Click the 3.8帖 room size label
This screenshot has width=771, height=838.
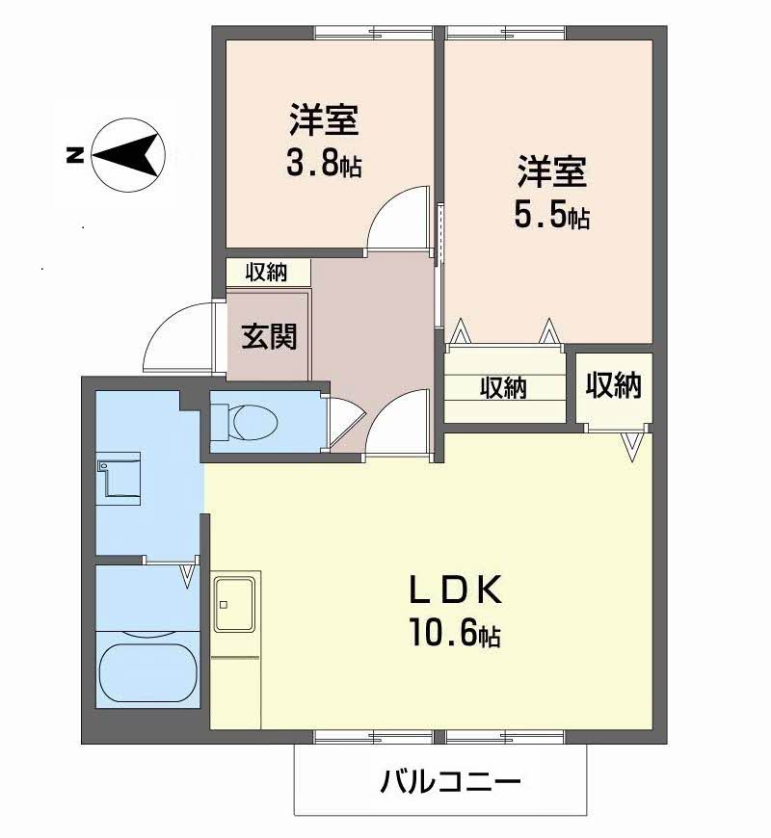click(x=324, y=165)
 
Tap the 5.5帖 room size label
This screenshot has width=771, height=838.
click(x=552, y=216)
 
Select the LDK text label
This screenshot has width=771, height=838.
click(x=456, y=590)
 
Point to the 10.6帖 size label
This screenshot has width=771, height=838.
click(x=455, y=632)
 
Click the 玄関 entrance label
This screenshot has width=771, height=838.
click(x=269, y=337)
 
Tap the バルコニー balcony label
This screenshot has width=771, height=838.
click(x=450, y=782)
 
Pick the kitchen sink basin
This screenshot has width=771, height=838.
click(x=234, y=604)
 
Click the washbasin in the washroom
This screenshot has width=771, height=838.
click(x=119, y=479)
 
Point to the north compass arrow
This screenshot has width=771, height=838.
click(x=127, y=155)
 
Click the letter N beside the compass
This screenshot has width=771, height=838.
click(x=74, y=155)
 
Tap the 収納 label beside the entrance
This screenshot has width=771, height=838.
click(x=266, y=272)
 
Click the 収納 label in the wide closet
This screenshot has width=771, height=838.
click(x=502, y=387)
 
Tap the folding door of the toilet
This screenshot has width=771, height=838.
click(x=346, y=422)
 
